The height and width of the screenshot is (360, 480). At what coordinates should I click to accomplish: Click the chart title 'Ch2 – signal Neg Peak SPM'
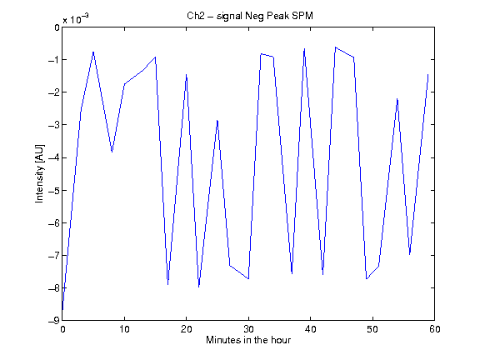click(250, 16)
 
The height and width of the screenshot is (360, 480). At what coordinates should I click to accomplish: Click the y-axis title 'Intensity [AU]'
click(40, 173)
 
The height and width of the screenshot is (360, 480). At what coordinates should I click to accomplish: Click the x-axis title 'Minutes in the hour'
click(248, 340)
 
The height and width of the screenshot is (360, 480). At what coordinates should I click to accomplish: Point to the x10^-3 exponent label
click(76, 18)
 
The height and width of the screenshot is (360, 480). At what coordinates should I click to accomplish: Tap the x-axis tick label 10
click(124, 329)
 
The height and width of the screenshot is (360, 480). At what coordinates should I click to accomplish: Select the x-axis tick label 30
click(248, 329)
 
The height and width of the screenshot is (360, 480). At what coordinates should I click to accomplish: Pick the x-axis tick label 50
click(372, 329)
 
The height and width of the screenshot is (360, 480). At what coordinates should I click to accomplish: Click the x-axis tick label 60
click(435, 329)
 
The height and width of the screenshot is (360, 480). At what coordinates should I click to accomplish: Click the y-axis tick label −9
click(54, 320)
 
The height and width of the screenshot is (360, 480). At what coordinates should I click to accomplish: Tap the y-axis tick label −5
click(54, 190)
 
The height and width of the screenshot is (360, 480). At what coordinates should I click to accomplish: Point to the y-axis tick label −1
click(54, 60)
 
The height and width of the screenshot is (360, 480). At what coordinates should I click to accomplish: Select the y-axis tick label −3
click(54, 125)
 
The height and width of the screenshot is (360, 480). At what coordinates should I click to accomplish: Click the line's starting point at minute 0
click(62, 310)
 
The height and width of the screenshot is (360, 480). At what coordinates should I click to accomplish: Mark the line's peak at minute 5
click(93, 52)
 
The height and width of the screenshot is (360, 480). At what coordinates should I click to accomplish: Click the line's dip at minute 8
click(112, 152)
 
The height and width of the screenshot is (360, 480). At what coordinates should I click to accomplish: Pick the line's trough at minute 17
click(167, 285)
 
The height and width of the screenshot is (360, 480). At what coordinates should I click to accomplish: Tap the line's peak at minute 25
click(217, 120)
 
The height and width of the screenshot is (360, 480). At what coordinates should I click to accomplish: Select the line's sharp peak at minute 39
click(304, 48)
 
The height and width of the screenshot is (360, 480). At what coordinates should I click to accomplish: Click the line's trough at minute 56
click(410, 254)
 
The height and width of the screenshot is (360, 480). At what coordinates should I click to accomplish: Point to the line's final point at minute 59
click(428, 74)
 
